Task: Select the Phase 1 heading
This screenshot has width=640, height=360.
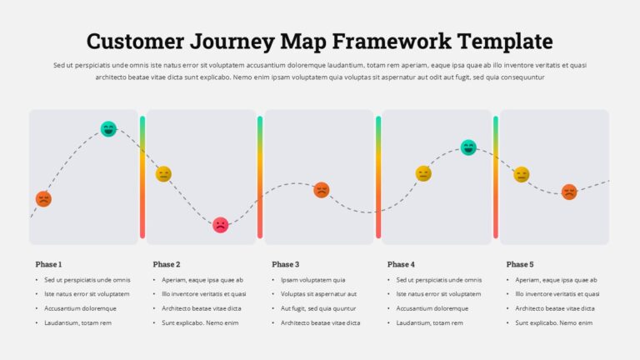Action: (x=48, y=264)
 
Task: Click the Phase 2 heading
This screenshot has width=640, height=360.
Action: (x=167, y=264)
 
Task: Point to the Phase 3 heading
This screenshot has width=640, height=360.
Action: (x=285, y=264)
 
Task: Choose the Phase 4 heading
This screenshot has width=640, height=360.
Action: (x=401, y=264)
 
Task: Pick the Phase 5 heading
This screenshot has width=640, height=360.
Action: (x=520, y=264)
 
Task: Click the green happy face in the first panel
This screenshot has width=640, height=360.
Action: (x=108, y=129)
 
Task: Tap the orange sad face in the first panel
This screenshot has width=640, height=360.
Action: (x=43, y=199)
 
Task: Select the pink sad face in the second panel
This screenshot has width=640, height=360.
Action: (x=220, y=225)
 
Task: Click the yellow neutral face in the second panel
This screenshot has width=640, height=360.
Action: (x=163, y=174)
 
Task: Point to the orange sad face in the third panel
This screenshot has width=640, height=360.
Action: (x=321, y=190)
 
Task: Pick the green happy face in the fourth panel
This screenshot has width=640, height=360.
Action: (x=468, y=147)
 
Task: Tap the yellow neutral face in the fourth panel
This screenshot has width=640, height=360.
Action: (x=423, y=173)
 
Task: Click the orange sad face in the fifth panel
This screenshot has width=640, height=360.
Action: (x=569, y=192)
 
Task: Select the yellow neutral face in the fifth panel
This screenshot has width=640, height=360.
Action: (x=522, y=174)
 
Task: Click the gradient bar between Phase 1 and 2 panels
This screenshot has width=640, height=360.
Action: (x=142, y=177)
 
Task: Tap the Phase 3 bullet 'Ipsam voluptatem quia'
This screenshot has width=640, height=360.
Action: (x=313, y=280)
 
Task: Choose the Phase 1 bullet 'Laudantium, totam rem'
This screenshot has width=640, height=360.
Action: (x=77, y=322)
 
